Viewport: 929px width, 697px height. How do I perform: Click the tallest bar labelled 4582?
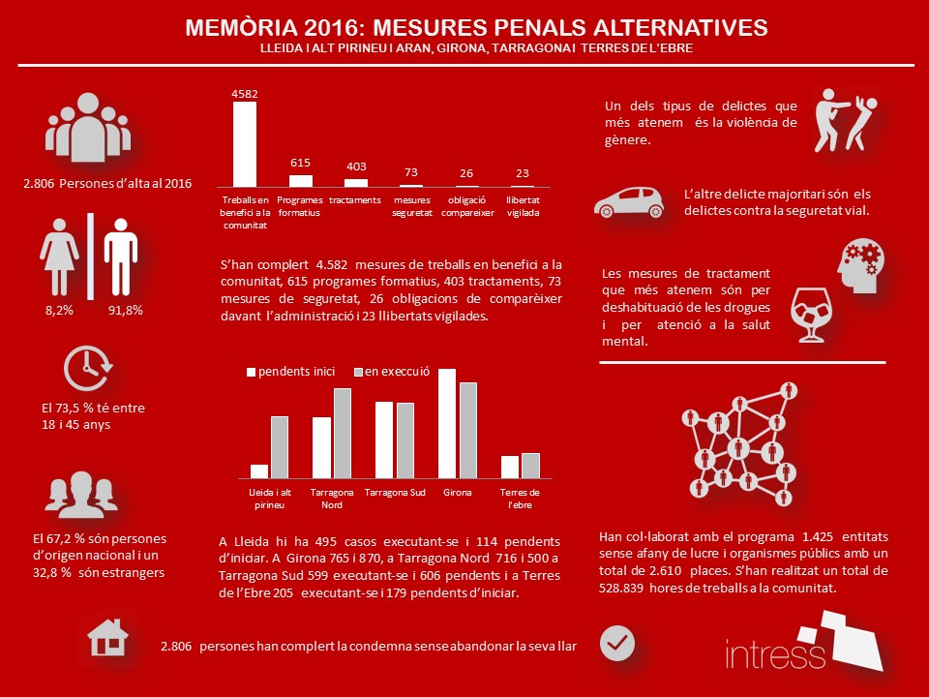245,143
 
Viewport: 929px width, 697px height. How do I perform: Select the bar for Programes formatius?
301,180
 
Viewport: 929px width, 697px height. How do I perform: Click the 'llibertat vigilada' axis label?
523,206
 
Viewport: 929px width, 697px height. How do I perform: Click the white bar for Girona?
447,424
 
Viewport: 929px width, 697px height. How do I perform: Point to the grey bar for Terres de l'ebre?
530,466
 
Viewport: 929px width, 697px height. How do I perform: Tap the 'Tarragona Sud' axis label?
395,493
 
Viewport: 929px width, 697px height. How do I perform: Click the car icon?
629,200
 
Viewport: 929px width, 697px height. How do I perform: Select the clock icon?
88,369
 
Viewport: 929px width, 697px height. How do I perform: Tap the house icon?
107,638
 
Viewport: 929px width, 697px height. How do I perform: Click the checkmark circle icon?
617,642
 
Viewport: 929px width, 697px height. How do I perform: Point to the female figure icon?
60,255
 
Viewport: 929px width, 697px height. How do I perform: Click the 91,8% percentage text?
123,312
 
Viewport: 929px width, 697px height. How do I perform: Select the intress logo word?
775,653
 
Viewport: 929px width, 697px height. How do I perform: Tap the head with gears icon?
859,269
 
